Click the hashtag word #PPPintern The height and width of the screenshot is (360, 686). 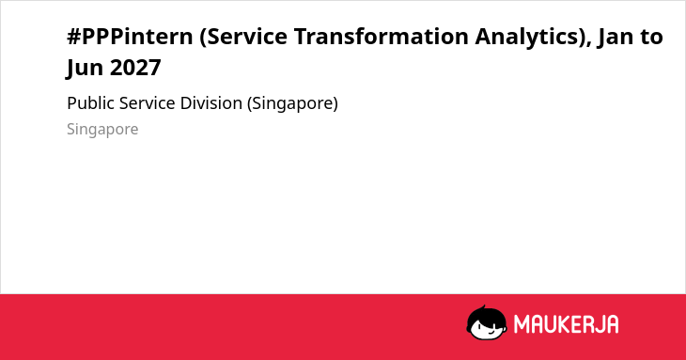coord(130,37)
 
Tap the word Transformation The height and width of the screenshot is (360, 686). coord(382,37)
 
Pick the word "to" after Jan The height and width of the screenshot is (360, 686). coord(651,38)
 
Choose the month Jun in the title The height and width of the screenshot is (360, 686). coord(85,69)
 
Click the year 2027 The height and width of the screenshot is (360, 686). coord(135,68)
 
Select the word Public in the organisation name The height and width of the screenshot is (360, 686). coord(90,103)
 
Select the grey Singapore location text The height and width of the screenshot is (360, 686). coord(102,130)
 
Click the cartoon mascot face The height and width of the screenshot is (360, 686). coord(487,323)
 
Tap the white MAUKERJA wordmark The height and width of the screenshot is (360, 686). coord(566,324)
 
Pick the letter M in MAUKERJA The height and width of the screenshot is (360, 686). coord(522,324)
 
